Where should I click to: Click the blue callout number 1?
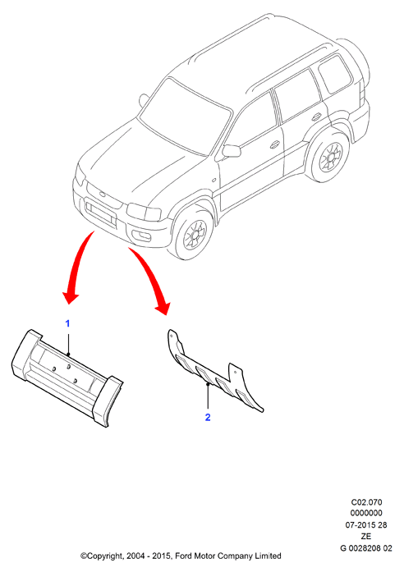pyautogui.click(x=67, y=323)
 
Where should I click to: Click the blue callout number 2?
pyautogui.click(x=208, y=417)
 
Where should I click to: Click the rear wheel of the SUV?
pyautogui.click(x=328, y=158)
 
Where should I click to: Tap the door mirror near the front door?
pyautogui.click(x=232, y=151)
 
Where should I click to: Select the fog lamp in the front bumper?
pyautogui.click(x=141, y=236)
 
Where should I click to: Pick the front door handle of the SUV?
pyautogui.click(x=275, y=144)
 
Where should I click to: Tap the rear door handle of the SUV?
pyautogui.click(x=316, y=117)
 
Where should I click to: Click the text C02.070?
pyautogui.click(x=366, y=502)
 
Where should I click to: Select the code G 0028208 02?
pyautogui.click(x=366, y=548)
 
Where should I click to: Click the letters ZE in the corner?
pyautogui.click(x=366, y=536)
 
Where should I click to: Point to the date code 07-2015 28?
pyautogui.click(x=366, y=525)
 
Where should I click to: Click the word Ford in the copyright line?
pyautogui.click(x=184, y=556)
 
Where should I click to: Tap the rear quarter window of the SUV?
pyautogui.click(x=335, y=74)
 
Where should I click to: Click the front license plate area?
pyautogui.click(x=100, y=213)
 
